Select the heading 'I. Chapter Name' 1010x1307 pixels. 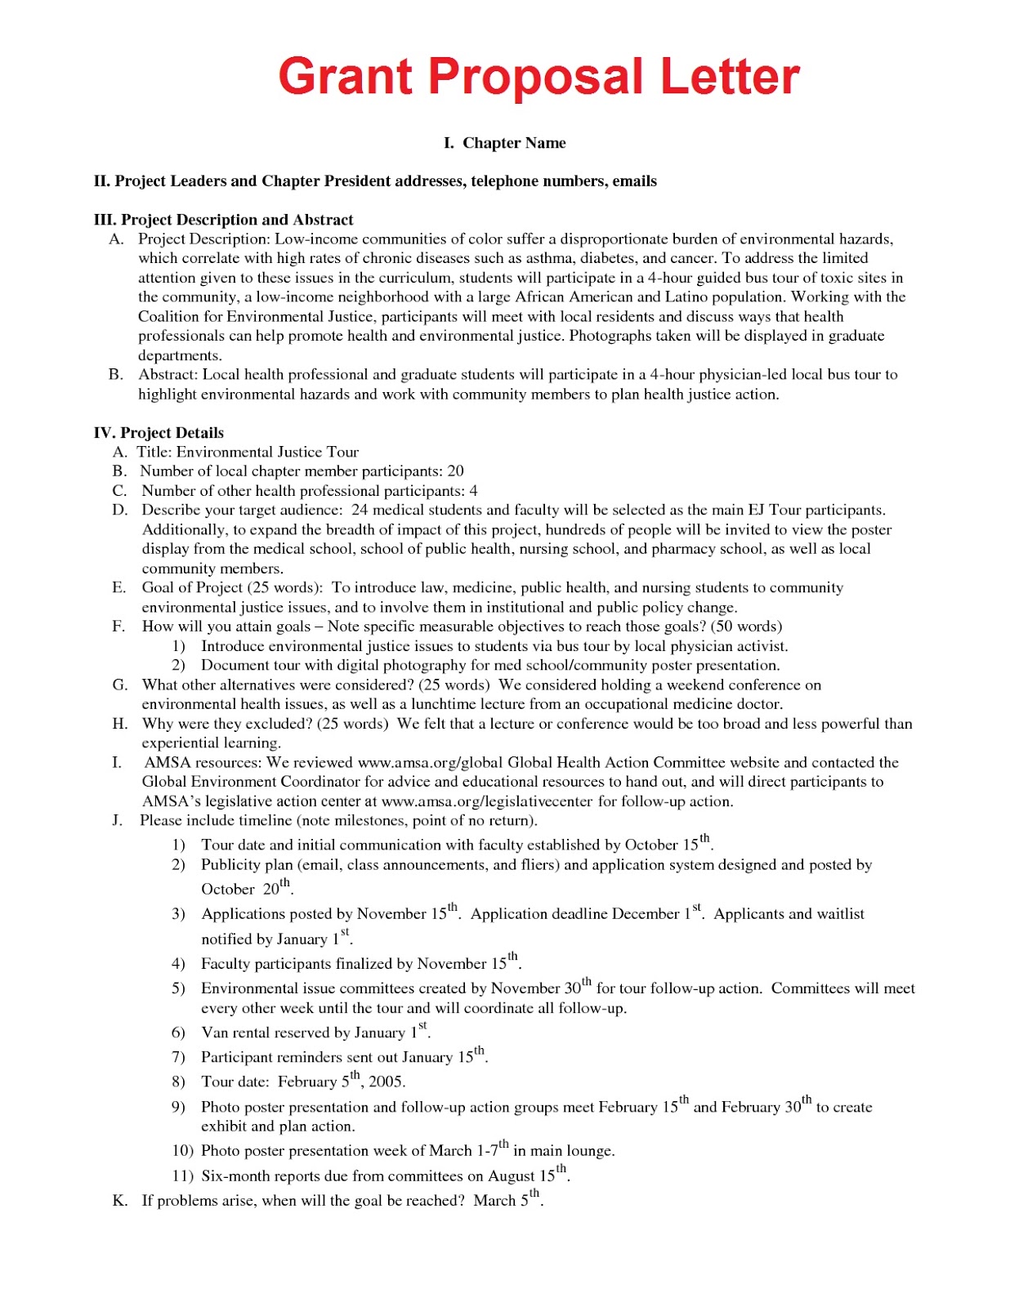504,143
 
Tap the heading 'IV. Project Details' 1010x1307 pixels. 159,433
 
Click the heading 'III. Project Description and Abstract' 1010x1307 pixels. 223,220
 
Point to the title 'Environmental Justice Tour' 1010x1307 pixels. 267,452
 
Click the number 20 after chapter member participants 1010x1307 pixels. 455,471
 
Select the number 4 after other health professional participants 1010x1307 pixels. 473,491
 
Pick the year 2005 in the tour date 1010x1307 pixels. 386,1082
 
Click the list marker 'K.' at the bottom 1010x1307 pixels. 120,1201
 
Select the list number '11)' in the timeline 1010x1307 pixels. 182,1176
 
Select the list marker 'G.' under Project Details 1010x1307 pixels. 120,685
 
